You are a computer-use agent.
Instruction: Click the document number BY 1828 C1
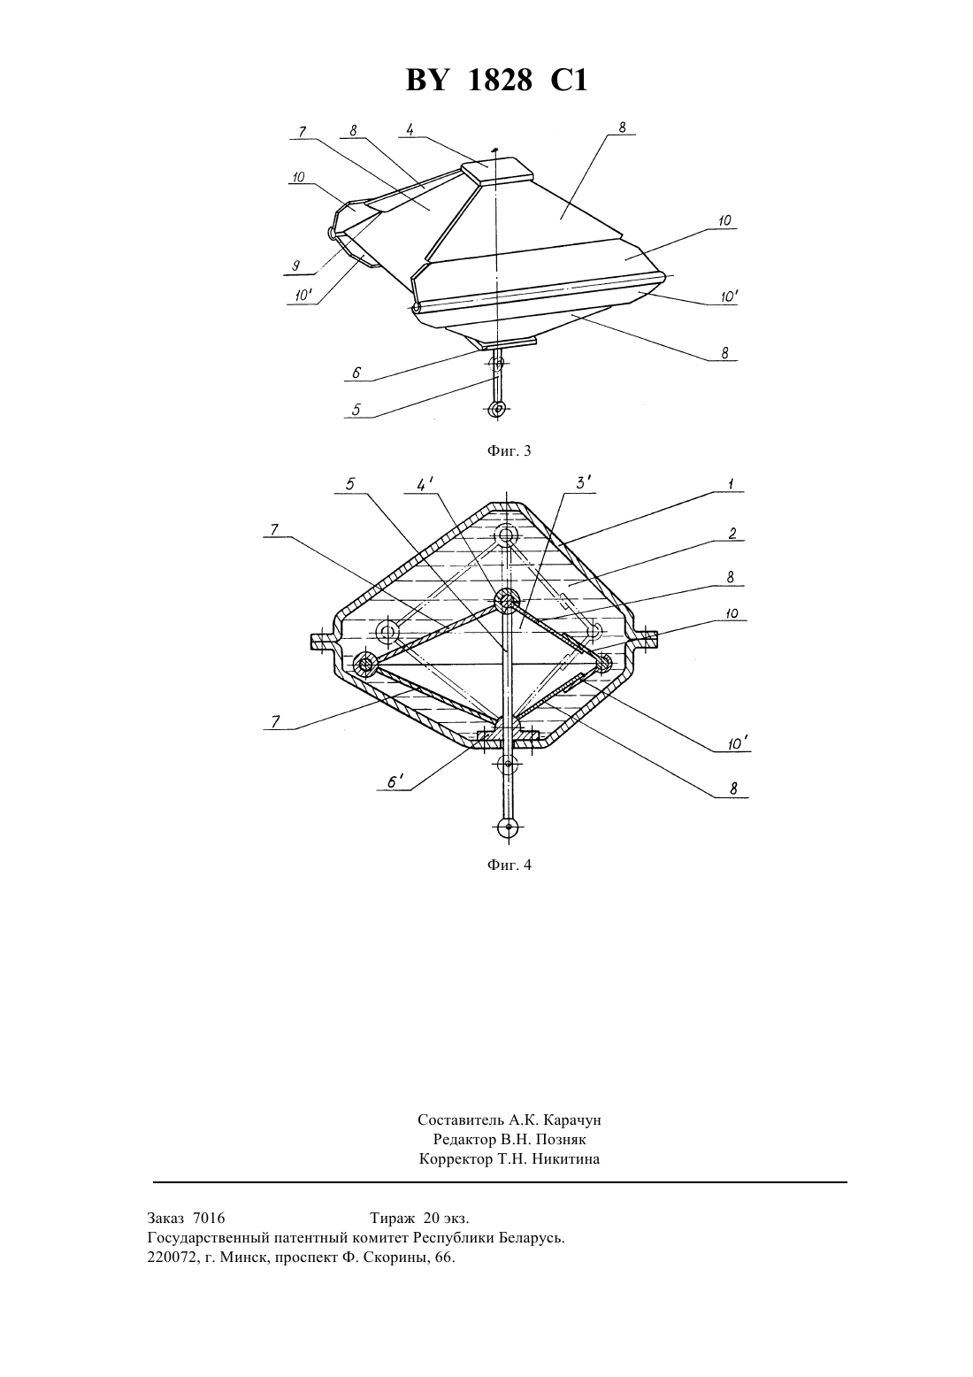click(x=496, y=81)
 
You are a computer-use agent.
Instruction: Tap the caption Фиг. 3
click(x=509, y=451)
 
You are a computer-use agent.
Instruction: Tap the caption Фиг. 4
click(x=509, y=865)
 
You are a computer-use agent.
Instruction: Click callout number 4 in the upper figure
click(x=410, y=129)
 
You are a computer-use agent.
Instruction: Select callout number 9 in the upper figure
click(x=296, y=265)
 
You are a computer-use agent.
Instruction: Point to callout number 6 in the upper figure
click(x=356, y=373)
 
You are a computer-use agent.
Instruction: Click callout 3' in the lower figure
click(x=583, y=484)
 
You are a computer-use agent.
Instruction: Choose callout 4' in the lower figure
click(x=425, y=484)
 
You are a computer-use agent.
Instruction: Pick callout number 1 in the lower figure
click(x=731, y=484)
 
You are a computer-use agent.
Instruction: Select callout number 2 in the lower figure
click(x=732, y=533)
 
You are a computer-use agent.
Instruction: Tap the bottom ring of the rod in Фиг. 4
click(x=508, y=827)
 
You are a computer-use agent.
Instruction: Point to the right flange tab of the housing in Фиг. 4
click(x=645, y=638)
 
